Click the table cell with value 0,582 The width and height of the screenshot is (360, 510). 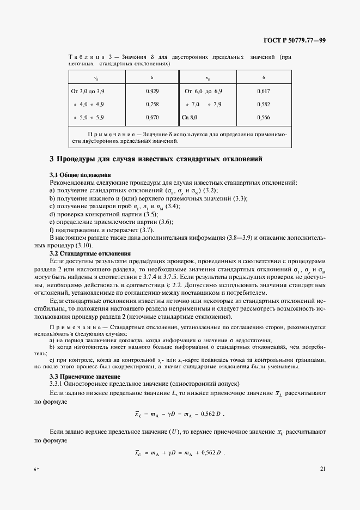click(263, 104)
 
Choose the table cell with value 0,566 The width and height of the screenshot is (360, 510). click(263, 117)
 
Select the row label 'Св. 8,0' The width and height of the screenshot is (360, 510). click(190, 117)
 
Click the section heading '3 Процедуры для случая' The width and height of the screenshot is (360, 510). click(156, 160)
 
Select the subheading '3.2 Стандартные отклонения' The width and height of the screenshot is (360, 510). click(90, 253)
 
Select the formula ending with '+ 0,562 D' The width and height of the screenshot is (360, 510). click(180, 453)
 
